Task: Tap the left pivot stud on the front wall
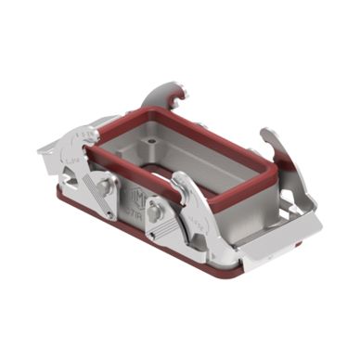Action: pos(105,186)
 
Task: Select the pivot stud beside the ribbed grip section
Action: pos(157,212)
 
